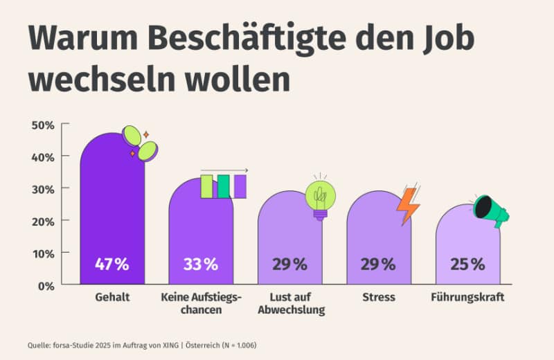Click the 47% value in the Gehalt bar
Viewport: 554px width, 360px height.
point(112,264)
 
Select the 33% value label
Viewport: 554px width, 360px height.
point(201,264)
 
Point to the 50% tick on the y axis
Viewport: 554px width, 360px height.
point(42,125)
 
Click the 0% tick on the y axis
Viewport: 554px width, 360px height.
point(45,285)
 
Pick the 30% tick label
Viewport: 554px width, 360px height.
point(42,188)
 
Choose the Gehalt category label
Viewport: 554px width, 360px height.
point(112,298)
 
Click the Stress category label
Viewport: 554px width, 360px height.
point(379,298)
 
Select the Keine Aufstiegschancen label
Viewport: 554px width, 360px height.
point(201,303)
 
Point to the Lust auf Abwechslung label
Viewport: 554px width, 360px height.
point(290,303)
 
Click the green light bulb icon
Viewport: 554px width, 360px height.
point(320,197)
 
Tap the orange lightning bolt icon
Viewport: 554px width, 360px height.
point(408,206)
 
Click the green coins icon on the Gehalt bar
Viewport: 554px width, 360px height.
point(141,143)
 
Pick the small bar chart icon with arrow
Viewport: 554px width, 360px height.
point(223,184)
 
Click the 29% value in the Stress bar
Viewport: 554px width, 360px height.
point(379,264)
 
